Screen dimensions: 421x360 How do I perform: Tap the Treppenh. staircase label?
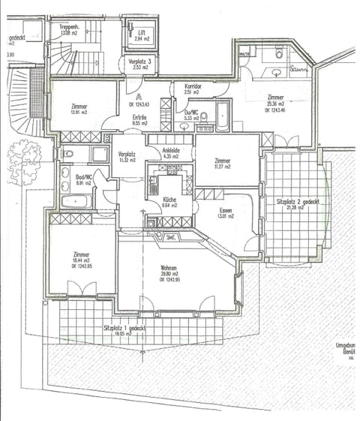point(70,27)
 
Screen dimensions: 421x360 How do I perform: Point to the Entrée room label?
point(139,117)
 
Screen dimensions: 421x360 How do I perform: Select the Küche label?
point(170,200)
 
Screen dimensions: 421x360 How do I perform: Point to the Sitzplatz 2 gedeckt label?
point(293,202)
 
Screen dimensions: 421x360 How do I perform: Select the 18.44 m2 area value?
point(80,259)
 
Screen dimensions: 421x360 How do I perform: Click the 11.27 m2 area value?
point(222,167)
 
